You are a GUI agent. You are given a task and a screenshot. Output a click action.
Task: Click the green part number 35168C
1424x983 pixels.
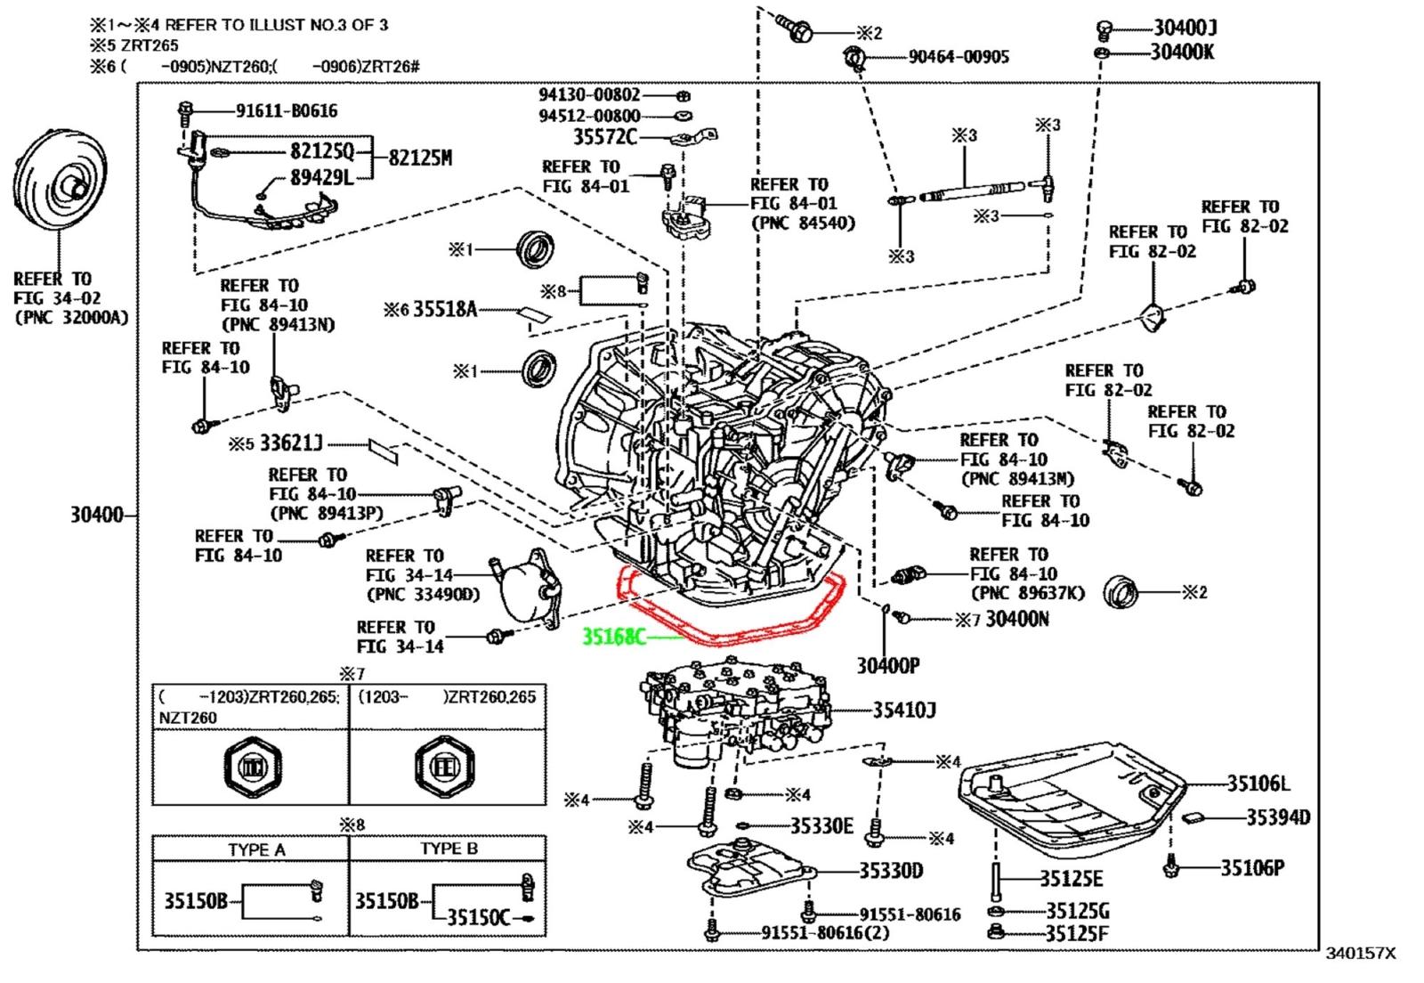point(613,637)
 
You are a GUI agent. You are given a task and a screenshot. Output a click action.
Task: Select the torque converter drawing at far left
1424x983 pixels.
point(59,184)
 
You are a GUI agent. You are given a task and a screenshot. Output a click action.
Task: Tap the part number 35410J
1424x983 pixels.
point(903,710)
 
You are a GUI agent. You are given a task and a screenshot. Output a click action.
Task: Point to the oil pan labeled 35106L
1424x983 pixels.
point(1068,806)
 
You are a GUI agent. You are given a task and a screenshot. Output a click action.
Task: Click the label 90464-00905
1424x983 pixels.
point(959,57)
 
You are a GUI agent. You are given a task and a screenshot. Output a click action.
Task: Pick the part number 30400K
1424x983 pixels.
point(1182,52)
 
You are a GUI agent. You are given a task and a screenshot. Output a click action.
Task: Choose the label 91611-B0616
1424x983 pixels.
point(286,110)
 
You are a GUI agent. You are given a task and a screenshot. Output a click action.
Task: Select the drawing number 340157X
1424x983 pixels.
point(1361,954)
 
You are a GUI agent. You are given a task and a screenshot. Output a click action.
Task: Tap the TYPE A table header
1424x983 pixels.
point(256,849)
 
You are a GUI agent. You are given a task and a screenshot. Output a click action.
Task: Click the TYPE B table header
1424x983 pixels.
point(449,849)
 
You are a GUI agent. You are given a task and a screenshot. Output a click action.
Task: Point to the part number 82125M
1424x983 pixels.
point(420,158)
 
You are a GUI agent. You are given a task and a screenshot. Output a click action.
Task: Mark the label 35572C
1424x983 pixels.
point(605,137)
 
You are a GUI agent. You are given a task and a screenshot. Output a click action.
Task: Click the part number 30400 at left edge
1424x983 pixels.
point(96,515)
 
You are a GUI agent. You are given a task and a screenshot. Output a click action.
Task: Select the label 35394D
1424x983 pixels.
point(1277,816)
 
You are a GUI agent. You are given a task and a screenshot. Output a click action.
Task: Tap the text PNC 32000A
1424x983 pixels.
point(71,317)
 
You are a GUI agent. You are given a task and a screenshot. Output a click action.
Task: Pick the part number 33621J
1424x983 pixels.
point(291,443)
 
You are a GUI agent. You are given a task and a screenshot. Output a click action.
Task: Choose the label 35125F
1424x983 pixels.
point(1077,933)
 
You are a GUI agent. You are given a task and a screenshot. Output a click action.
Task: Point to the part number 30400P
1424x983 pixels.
point(887,664)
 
